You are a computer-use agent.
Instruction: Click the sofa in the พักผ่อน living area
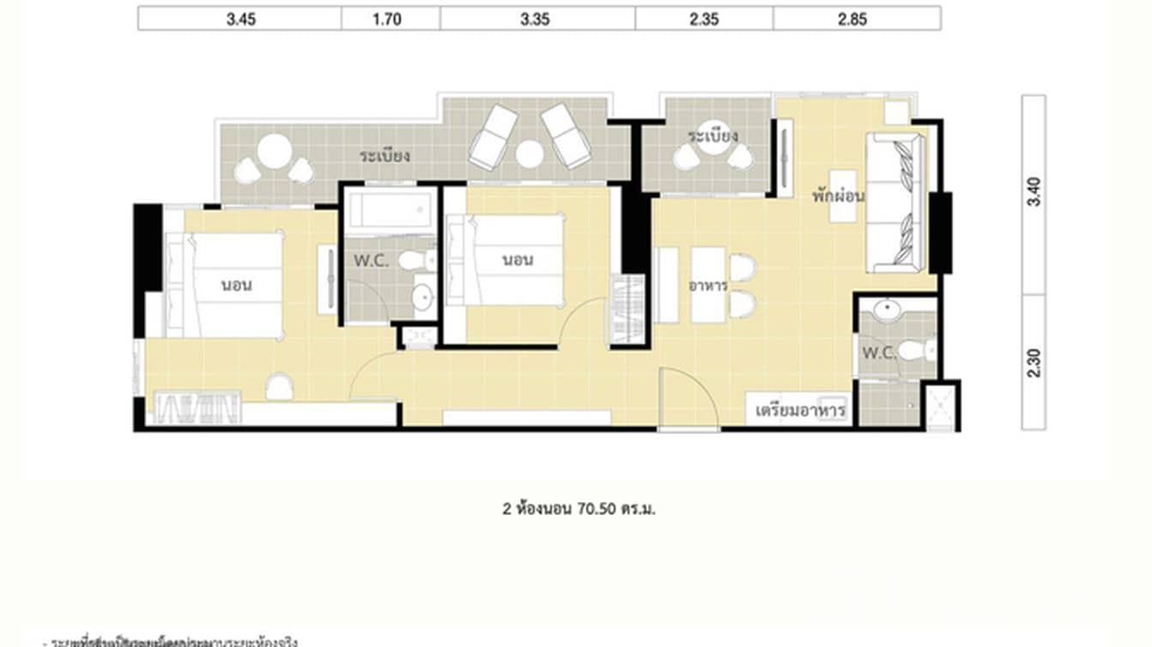pos(897,203)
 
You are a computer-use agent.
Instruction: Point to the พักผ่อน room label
pos(838,196)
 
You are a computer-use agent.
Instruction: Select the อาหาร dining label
pos(708,285)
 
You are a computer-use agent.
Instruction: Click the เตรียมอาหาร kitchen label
pos(800,411)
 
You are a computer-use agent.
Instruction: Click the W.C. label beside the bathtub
pos(372,262)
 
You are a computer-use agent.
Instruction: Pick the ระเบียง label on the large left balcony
pos(384,156)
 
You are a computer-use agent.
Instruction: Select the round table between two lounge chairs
pos(530,154)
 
